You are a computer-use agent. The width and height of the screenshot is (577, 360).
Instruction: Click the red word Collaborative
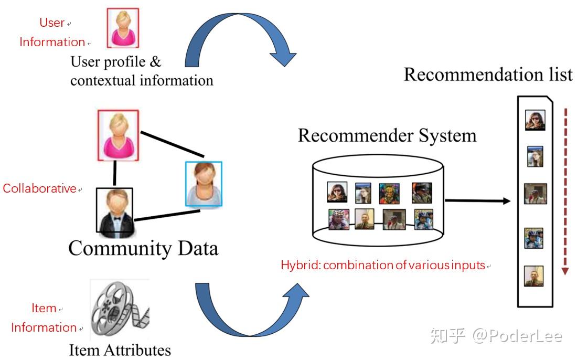[x=40, y=188]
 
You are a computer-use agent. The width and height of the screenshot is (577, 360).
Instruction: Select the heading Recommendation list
[x=488, y=75]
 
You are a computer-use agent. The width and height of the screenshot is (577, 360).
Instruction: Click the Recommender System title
[x=387, y=135]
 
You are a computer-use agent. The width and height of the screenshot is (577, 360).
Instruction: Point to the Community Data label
[x=143, y=248]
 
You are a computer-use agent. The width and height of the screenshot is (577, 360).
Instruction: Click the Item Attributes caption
[x=120, y=350]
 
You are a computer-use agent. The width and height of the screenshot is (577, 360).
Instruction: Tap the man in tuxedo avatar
[x=115, y=211]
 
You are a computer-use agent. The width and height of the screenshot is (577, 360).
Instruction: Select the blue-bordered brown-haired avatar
[x=204, y=184]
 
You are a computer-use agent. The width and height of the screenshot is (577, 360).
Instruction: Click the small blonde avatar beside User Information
[x=123, y=28]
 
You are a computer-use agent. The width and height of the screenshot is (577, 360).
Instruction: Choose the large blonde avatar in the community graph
[x=118, y=135]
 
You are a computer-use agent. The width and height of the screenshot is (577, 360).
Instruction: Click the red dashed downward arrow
[x=565, y=192]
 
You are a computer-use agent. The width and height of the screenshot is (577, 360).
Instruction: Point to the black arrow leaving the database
[x=477, y=200]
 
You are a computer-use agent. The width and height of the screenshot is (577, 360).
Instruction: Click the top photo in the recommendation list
[x=535, y=120]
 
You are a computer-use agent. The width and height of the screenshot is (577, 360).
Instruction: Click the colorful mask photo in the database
[x=389, y=193]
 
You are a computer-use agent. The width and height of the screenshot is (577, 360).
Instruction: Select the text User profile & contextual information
[x=142, y=71]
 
